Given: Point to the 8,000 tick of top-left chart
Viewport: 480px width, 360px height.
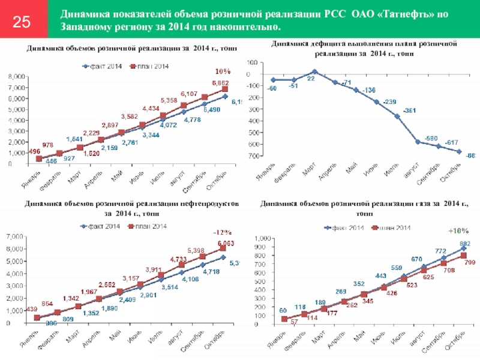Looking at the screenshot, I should (16, 77).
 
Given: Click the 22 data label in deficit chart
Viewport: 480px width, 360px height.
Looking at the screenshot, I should (311, 79).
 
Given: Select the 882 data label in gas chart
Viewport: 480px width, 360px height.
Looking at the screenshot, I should (465, 242).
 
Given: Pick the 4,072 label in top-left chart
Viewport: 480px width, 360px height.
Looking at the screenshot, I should (167, 125).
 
